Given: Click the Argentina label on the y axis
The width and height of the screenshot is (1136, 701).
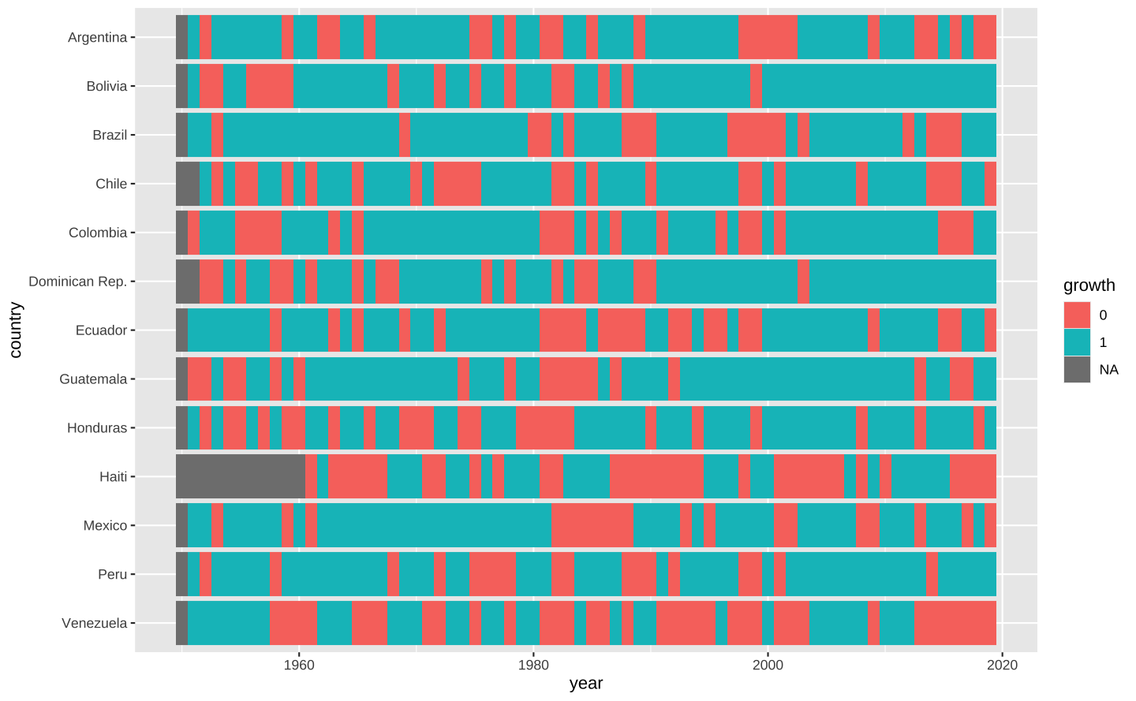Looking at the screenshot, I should coord(97,37).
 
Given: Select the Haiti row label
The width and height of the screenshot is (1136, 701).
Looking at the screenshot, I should coord(113,477).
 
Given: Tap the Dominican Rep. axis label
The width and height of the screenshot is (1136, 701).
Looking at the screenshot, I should coord(77,282).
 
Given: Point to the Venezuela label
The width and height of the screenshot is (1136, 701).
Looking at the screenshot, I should coord(94,624).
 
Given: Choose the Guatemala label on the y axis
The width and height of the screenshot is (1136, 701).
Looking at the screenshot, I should coord(93,379).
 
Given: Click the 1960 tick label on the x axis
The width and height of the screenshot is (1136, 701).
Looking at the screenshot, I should coord(299,665).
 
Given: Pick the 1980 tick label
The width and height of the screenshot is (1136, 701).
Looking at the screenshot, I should coord(533,665).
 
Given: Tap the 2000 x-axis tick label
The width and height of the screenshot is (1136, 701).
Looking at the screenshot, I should coord(768,665).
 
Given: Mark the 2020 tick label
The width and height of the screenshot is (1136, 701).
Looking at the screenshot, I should coord(1002,665).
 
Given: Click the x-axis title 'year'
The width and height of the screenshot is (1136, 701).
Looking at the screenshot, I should coord(586,684).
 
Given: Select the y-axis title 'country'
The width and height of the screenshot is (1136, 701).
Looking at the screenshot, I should coord(16,330).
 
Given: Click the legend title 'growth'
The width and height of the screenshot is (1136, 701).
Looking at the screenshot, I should coord(1089,285).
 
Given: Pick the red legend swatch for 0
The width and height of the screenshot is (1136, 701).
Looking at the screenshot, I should coord(1077,315).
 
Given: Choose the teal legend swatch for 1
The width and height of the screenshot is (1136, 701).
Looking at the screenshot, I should coord(1077,342).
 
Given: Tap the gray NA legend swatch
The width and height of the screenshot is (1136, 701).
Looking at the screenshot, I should coord(1077,369).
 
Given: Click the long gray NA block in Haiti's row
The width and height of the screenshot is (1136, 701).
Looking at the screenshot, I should coord(241,477).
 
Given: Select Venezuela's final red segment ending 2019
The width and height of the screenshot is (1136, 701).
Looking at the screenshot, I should coord(955,624).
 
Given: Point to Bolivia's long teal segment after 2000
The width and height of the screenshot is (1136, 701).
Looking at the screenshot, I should coord(879,86).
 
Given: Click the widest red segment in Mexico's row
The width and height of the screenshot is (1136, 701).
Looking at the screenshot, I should coord(592,526).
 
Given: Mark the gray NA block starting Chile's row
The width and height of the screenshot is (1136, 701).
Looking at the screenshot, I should coord(188,184).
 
